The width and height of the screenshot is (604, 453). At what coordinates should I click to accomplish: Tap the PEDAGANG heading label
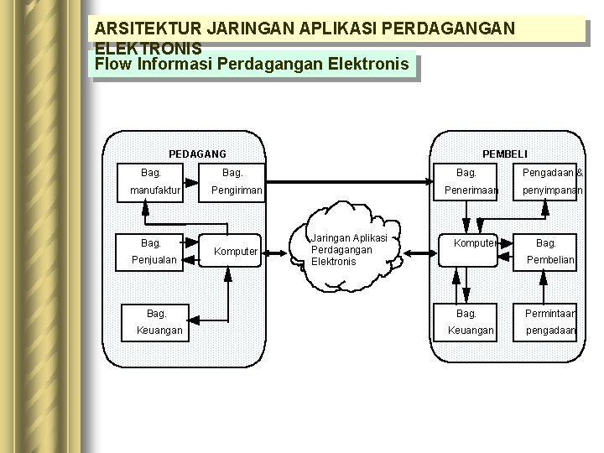pos(197,154)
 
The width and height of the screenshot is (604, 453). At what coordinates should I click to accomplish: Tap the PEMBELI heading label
pos(504,154)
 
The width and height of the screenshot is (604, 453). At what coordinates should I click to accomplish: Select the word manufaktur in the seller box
pos(155,191)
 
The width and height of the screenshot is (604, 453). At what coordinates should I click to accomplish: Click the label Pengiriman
pos(237,191)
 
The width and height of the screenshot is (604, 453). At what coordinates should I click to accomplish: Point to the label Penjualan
pos(154,260)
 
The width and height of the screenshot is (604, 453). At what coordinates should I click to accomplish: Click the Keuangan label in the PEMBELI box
pos(471,331)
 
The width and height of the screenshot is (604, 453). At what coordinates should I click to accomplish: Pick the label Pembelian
pos(550,260)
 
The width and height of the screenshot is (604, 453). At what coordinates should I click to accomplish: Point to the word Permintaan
pos(550,312)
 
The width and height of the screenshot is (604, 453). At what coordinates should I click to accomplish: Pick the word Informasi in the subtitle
pos(174,63)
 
